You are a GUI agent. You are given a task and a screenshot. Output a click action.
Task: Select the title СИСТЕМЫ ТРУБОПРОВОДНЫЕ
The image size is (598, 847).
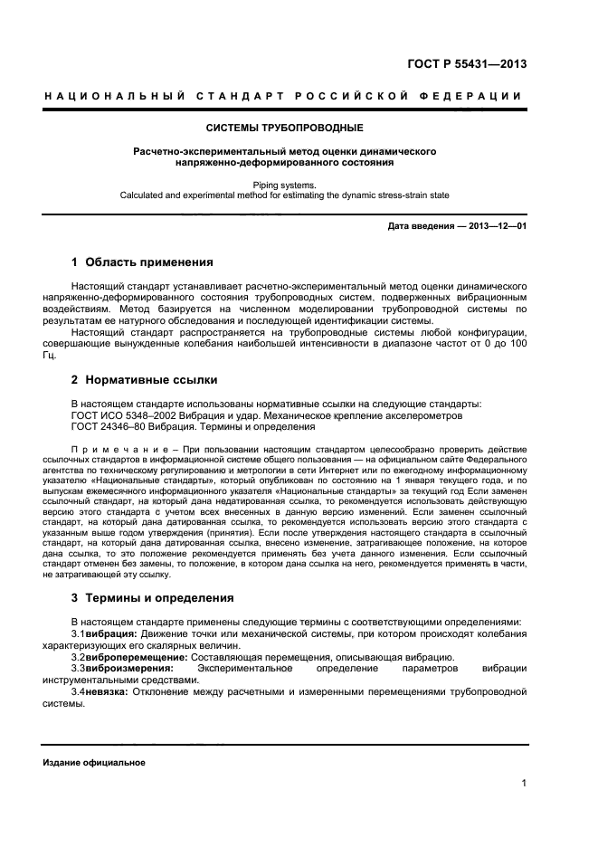(285, 128)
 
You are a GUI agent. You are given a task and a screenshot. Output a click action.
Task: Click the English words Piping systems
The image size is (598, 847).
(285, 184)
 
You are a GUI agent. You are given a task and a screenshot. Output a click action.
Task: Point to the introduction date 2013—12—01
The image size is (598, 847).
(496, 225)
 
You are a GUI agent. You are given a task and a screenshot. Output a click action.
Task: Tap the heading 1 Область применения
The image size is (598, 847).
(142, 263)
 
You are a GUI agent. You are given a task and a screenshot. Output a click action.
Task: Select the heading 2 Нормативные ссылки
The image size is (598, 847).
(144, 379)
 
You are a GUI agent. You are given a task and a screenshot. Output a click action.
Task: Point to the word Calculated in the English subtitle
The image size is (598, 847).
(148, 195)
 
